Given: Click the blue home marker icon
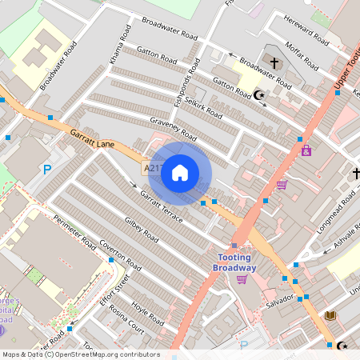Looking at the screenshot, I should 180,172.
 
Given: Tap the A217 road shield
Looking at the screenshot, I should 152,169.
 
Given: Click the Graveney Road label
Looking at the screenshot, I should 173,129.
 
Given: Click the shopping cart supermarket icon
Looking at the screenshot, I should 282,185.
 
